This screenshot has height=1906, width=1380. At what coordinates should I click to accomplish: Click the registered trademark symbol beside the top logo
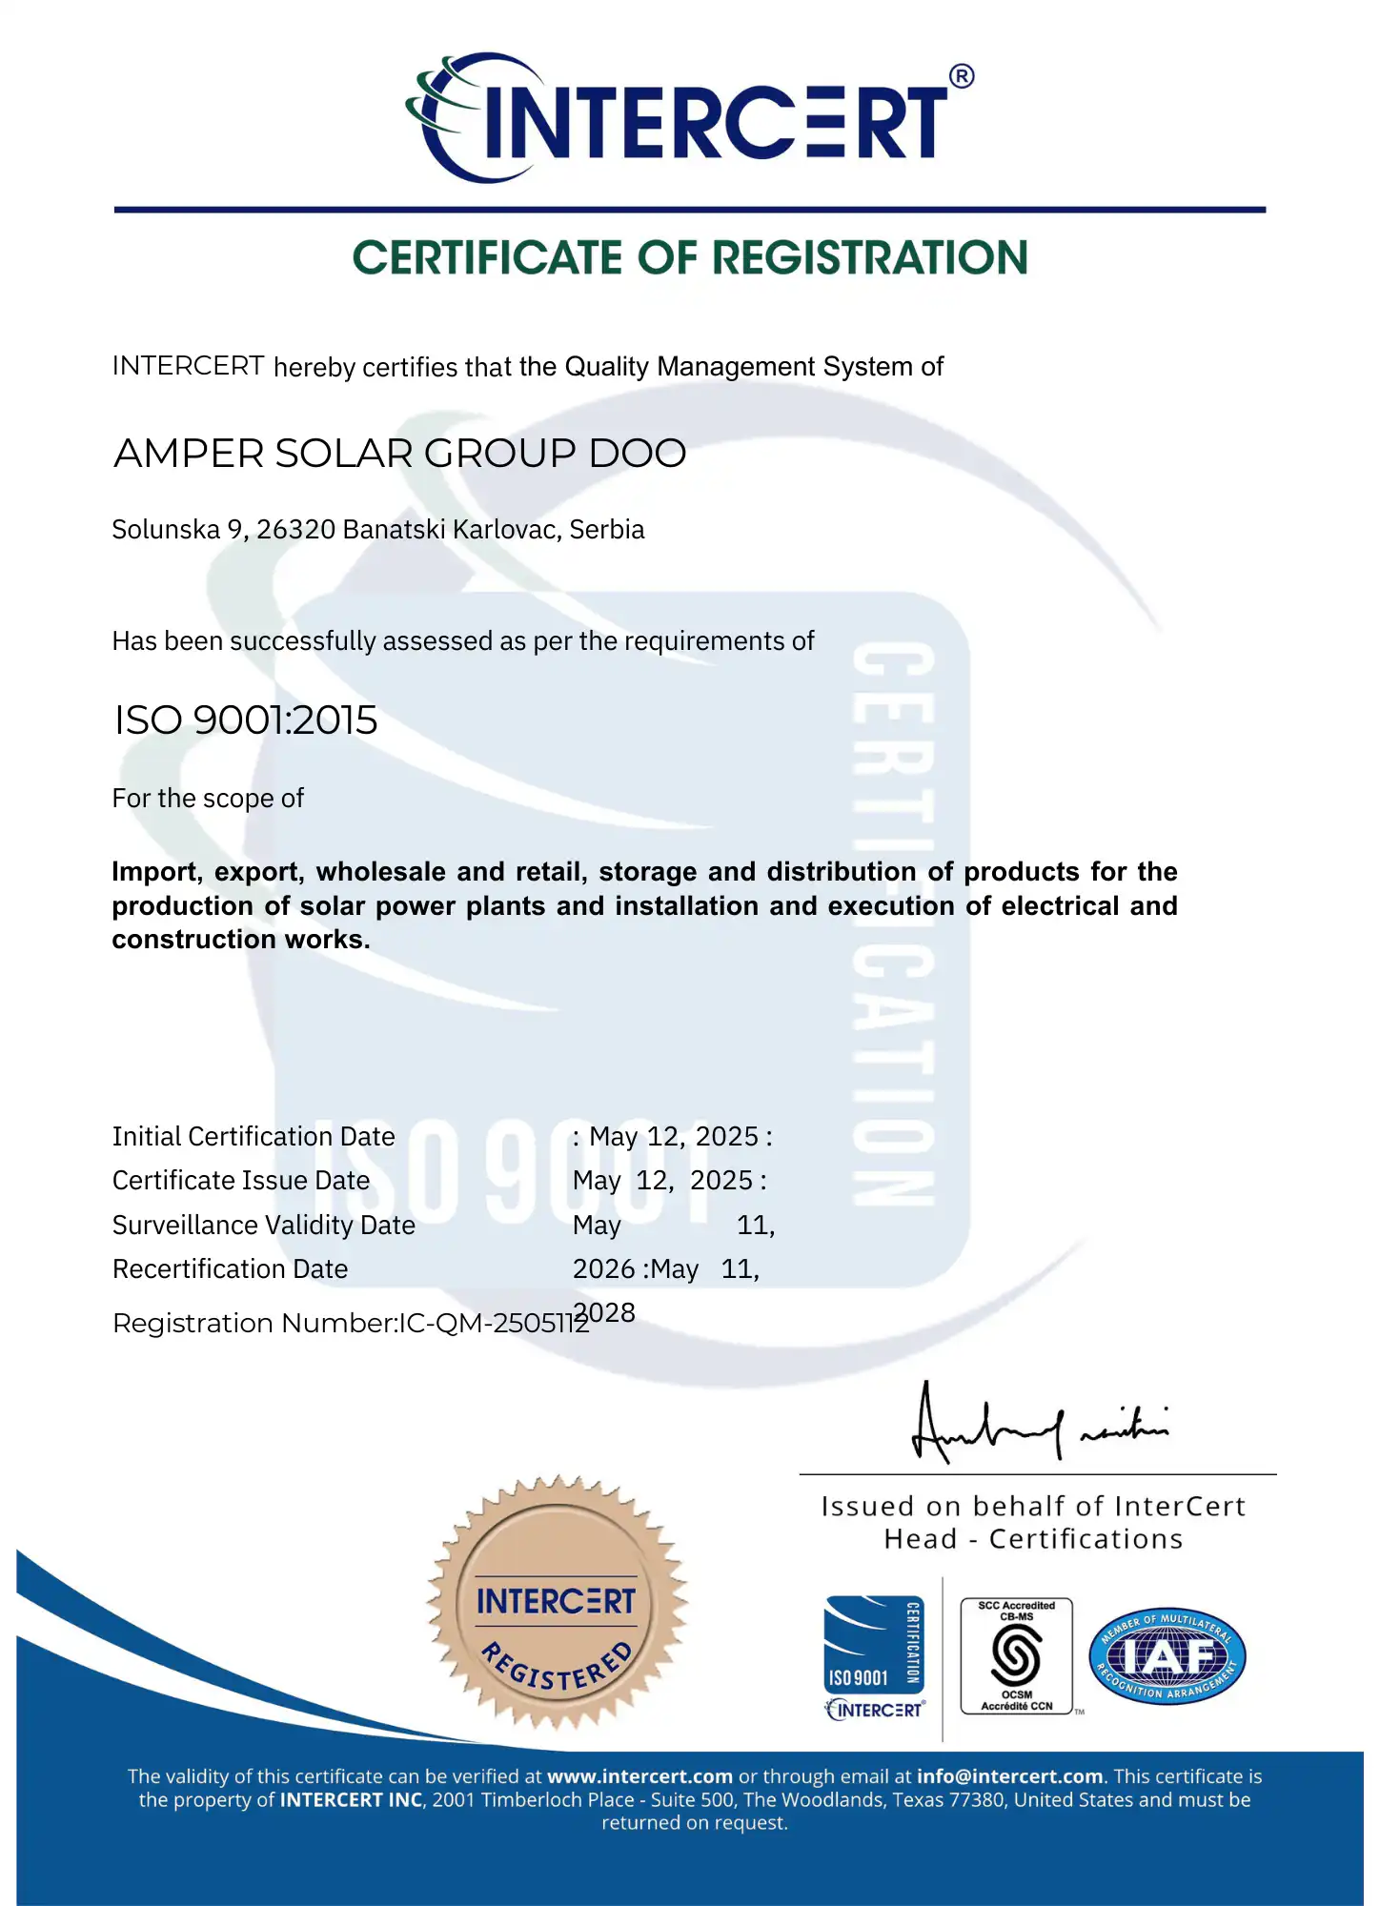pyautogui.click(x=962, y=76)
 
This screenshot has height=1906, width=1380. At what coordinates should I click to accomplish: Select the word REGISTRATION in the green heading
pyautogui.click(x=870, y=258)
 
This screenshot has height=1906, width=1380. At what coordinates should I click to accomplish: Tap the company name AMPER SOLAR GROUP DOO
pyautogui.click(x=399, y=454)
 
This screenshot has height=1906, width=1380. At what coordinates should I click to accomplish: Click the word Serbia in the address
pyautogui.click(x=607, y=530)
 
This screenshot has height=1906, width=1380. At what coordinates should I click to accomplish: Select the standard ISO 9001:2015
pyautogui.click(x=246, y=720)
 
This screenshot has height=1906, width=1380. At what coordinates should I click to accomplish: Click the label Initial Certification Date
pyautogui.click(x=254, y=1136)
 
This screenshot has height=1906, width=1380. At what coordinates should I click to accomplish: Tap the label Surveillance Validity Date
pyautogui.click(x=264, y=1225)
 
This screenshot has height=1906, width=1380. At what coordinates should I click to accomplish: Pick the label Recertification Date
pyautogui.click(x=231, y=1269)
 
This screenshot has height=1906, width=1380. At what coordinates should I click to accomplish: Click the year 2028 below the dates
pyautogui.click(x=606, y=1312)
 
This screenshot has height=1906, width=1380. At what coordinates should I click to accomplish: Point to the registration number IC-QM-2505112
pyautogui.click(x=494, y=1324)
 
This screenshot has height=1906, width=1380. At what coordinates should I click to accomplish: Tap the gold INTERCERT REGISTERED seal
pyautogui.click(x=557, y=1603)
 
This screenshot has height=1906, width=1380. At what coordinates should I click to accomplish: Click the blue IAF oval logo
pyautogui.click(x=1167, y=1657)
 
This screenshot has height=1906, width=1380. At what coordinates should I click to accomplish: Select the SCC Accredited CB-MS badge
pyautogui.click(x=1017, y=1656)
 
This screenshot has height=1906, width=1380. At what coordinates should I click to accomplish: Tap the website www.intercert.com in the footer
pyautogui.click(x=639, y=1776)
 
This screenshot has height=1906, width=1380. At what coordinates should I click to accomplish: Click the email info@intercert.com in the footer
pyautogui.click(x=1009, y=1776)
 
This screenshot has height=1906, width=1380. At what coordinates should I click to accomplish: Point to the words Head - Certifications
pyautogui.click(x=1033, y=1539)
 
